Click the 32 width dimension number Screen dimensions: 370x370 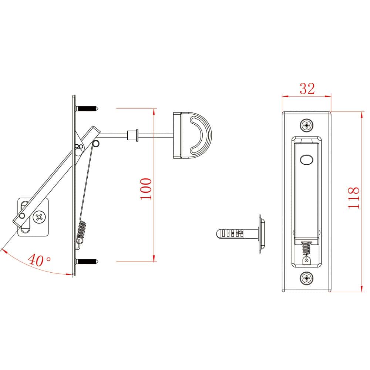307,89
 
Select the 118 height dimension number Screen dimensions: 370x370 353,198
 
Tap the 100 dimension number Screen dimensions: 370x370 146,189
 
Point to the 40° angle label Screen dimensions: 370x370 39,260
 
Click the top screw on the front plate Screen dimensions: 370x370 306,125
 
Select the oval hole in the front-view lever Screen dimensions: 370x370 306,160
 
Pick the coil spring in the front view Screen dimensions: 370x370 306,248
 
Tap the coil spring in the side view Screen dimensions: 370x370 81,230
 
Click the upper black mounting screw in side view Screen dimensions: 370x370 87,109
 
